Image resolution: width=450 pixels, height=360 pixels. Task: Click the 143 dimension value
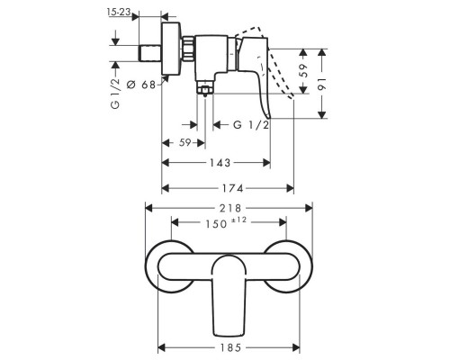click(217, 163)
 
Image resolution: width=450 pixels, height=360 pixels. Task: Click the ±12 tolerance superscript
click(242, 219)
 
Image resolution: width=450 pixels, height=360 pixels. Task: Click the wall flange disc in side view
click(166, 50)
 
